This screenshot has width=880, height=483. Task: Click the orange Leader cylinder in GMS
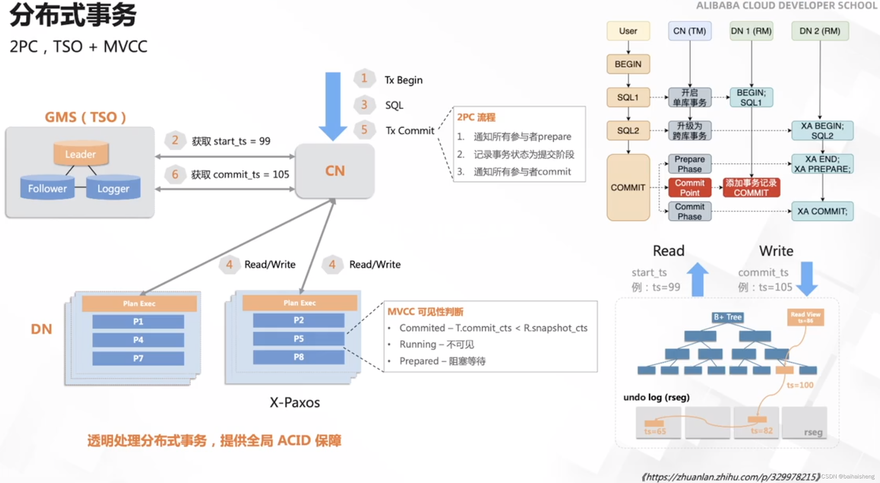point(81,154)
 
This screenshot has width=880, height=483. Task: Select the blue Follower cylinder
point(47,188)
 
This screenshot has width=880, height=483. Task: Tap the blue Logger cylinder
point(113,188)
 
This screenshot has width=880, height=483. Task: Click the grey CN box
point(335,171)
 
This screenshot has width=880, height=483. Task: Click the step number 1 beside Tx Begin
point(364,78)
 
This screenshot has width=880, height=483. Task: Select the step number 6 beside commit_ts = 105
point(175,174)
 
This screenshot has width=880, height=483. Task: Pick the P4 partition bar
point(138,340)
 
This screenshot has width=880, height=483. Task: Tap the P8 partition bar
point(298,357)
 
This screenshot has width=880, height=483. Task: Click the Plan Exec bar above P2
point(300,303)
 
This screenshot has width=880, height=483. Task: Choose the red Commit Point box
point(689,187)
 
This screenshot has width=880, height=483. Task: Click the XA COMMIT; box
point(822,211)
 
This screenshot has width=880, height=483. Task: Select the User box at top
point(628,31)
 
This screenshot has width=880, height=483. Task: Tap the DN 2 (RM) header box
point(820,31)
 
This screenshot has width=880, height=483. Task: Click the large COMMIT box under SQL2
point(628,187)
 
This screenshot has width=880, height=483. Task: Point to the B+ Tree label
point(727,317)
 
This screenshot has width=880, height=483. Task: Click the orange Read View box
point(805,317)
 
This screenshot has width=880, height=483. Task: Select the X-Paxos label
point(295,402)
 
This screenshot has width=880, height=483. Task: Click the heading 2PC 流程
point(476,117)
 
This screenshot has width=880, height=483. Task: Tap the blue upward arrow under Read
point(697,279)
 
